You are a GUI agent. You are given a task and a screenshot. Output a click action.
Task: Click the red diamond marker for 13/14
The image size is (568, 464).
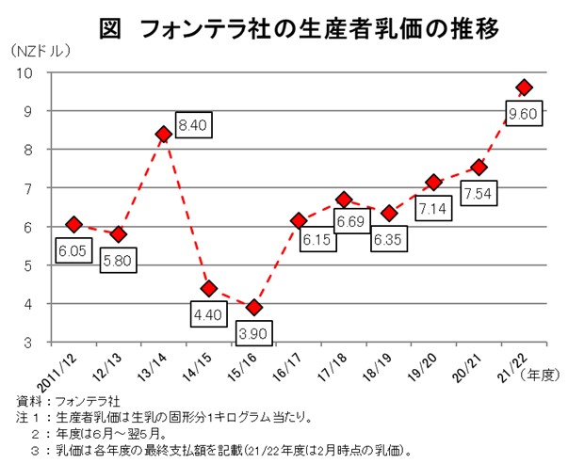163,134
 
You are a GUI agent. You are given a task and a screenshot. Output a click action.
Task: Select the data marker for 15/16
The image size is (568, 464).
253,308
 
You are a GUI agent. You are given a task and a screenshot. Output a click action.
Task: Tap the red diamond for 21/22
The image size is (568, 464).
525,88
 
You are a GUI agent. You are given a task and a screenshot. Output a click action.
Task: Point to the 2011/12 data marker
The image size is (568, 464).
73,224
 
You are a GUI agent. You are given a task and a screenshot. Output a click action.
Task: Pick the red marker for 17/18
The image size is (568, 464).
344,200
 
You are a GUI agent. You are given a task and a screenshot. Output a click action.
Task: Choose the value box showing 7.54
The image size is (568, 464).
481,195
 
